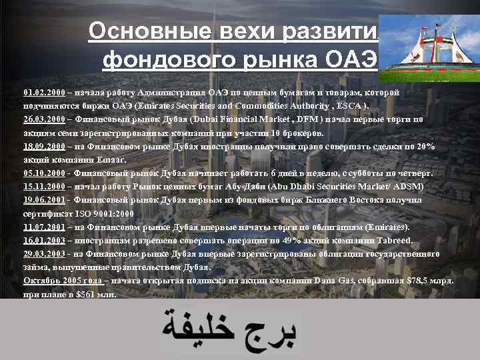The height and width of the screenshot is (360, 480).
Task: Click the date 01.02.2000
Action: pyautogui.click(x=43, y=92)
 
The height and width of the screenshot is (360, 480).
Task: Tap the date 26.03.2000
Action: pyautogui.click(x=43, y=119)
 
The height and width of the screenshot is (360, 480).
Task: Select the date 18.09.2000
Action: pyautogui.click(x=43, y=147)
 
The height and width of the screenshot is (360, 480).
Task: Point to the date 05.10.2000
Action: pyautogui.click(x=43, y=173)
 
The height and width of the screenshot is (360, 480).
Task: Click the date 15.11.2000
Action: pyautogui.click(x=43, y=187)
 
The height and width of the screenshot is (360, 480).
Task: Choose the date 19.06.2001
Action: pyautogui.click(x=43, y=200)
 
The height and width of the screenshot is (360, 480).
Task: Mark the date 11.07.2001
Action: pyautogui.click(x=43, y=227)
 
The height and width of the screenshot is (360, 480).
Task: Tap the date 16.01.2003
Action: pyautogui.click(x=43, y=241)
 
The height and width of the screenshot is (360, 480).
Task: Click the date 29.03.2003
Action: pyautogui.click(x=43, y=254)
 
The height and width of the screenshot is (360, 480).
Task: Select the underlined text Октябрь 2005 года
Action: pyautogui.click(x=62, y=281)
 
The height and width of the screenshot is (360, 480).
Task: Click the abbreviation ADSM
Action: pyautogui.click(x=409, y=187)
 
